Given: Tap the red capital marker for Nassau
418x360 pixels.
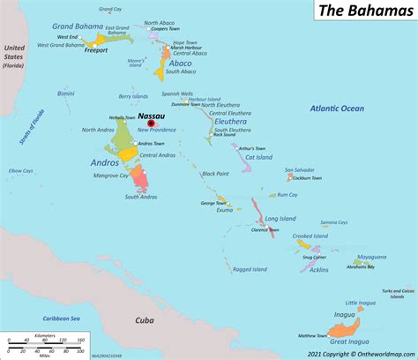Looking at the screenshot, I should (150, 124).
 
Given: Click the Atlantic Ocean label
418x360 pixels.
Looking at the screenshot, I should (336, 109).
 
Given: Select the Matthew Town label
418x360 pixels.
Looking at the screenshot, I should (313, 336).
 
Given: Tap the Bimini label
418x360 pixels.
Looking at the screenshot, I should (65, 93).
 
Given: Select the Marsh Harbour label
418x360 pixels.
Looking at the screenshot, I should (188, 48).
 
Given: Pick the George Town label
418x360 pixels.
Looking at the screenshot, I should (214, 203).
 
